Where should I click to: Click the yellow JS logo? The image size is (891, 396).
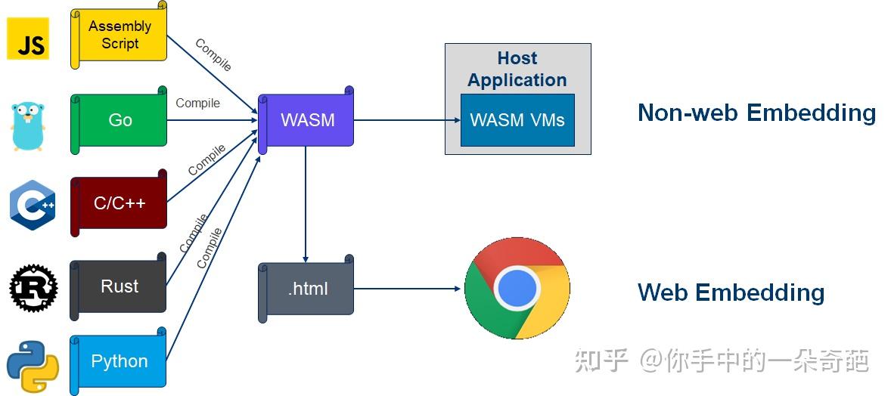click(x=28, y=38)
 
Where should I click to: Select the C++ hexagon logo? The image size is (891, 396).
click(x=32, y=204)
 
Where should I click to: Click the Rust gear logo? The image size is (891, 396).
click(x=33, y=287)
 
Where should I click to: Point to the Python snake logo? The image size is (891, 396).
click(x=33, y=366)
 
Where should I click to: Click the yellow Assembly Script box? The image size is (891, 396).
click(x=120, y=36)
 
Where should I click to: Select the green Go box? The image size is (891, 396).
click(x=120, y=120)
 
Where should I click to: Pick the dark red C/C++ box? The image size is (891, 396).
click(x=120, y=203)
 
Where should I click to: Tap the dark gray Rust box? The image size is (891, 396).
click(x=120, y=286)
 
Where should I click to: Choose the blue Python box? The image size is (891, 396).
click(x=120, y=361)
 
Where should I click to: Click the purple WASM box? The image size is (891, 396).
click(x=307, y=120)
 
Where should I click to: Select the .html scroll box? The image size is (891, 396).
click(x=307, y=289)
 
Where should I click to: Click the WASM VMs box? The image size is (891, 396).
click(x=517, y=120)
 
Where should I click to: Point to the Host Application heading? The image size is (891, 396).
click(x=517, y=69)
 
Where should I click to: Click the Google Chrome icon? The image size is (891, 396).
click(x=517, y=288)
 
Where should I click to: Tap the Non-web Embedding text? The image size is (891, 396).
click(x=756, y=113)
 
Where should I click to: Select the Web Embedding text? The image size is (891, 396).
click(x=731, y=292)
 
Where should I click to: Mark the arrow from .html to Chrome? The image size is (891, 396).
click(x=408, y=288)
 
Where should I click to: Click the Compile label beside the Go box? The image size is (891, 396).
click(x=198, y=103)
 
